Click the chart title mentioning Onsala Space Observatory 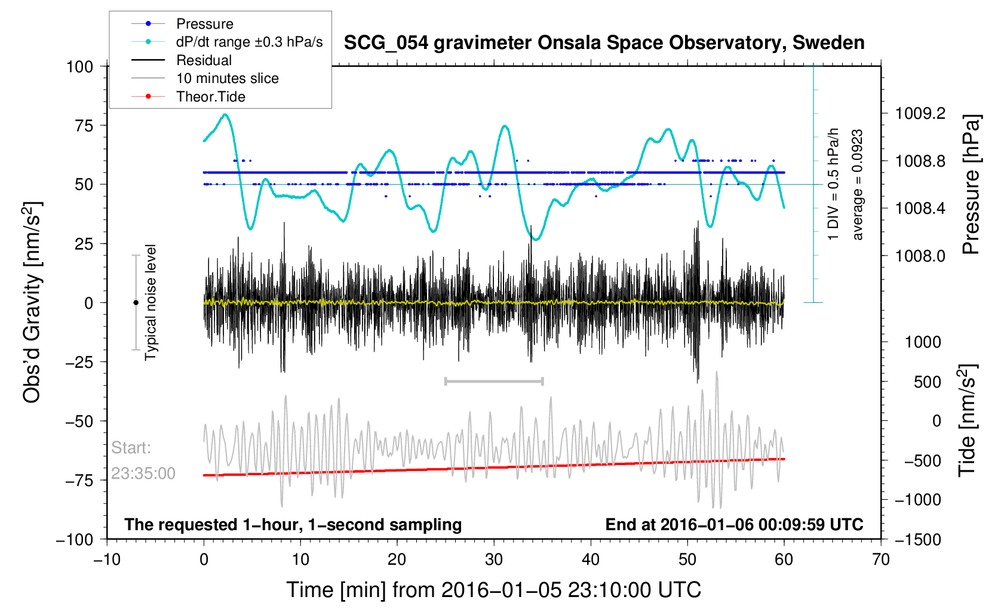[x=604, y=43]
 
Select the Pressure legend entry [x=204, y=24]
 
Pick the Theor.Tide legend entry [x=210, y=97]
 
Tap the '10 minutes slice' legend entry [x=227, y=78]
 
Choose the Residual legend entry [x=204, y=60]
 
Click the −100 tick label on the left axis [x=75, y=540]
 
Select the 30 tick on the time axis [x=494, y=559]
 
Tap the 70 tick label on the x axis [x=880, y=559]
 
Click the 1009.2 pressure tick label [x=920, y=113]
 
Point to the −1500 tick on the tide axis [x=918, y=540]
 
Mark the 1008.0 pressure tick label [x=920, y=256]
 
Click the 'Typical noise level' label [x=151, y=302]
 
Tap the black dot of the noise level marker [x=136, y=303]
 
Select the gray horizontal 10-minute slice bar [x=494, y=381]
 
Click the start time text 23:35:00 [x=143, y=473]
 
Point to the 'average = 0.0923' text [x=858, y=185]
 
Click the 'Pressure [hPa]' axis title [x=971, y=185]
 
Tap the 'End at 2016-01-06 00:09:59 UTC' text [x=734, y=525]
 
